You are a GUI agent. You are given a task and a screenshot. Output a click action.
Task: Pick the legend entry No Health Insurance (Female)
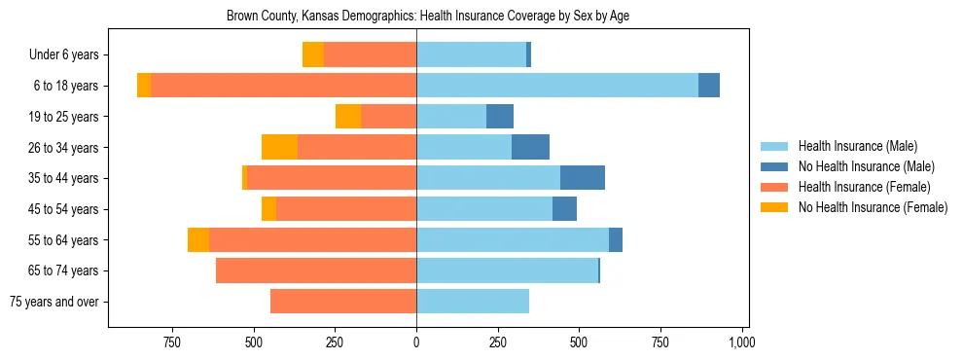click(x=872, y=207)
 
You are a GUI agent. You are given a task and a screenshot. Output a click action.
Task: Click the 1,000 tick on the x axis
click(x=742, y=342)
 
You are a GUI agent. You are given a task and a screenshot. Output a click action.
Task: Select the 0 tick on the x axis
click(x=416, y=342)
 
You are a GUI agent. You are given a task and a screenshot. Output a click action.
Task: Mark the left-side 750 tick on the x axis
click(x=172, y=342)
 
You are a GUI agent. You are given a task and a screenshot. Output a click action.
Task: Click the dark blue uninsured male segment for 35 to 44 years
click(x=583, y=178)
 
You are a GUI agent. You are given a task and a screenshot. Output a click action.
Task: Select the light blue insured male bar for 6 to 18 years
click(x=557, y=86)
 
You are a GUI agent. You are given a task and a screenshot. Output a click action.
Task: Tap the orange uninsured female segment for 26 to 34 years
click(x=279, y=147)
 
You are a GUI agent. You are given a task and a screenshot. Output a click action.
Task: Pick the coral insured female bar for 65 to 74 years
click(x=316, y=270)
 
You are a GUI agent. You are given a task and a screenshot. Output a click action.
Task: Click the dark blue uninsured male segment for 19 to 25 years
click(x=500, y=117)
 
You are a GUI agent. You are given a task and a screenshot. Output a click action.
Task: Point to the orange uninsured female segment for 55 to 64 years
click(x=198, y=239)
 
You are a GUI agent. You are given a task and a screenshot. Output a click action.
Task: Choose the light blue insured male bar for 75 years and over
click(x=473, y=302)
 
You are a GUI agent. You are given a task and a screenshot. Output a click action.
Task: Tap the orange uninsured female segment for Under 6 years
click(x=313, y=55)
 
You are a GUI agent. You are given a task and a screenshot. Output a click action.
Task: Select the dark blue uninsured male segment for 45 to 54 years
click(x=564, y=209)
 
